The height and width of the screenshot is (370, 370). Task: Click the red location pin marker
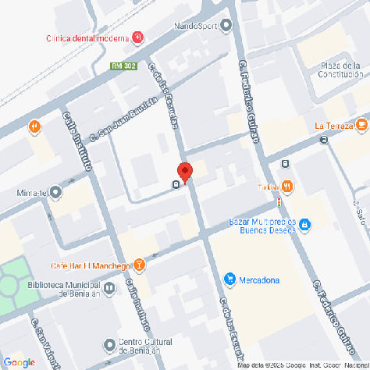pyautogui.click(x=185, y=172)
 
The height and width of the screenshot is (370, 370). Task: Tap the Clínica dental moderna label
pyautogui.click(x=88, y=37)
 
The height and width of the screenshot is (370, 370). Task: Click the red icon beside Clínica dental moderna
pyautogui.click(x=138, y=37)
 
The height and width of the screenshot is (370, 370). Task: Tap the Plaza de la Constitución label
pyautogui.click(x=343, y=70)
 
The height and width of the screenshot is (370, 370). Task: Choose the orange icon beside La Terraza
pyautogui.click(x=361, y=125)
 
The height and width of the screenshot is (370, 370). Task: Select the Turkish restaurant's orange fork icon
pyautogui.click(x=288, y=186)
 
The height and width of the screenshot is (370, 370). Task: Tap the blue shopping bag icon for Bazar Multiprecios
pyautogui.click(x=305, y=226)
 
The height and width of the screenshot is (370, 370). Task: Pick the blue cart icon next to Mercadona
pyautogui.click(x=229, y=279)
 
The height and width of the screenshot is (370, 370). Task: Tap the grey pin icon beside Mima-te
pyautogui.click(x=56, y=192)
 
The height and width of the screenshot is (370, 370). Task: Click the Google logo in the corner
pyautogui.click(x=19, y=362)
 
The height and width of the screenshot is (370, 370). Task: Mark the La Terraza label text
pyautogui.click(x=332, y=126)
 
